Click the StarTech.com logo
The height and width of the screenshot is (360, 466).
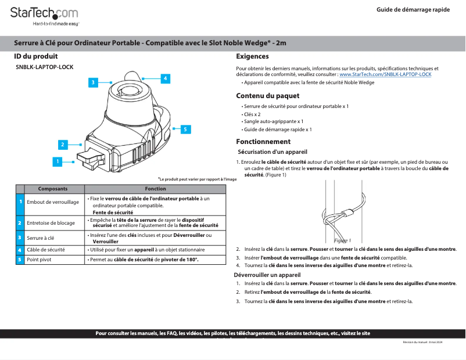(44, 14)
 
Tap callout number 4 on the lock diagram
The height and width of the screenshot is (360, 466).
(165, 78)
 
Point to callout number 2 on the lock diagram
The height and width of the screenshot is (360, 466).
(62, 144)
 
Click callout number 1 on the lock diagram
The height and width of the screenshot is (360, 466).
(57, 161)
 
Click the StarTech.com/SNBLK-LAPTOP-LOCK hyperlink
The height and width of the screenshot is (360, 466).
(385, 75)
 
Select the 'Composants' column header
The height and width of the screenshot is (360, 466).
(53, 189)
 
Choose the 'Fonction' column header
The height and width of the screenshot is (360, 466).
(156, 189)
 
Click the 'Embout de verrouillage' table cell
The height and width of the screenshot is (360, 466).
(53, 202)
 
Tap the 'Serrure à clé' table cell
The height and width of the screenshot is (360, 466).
(41, 237)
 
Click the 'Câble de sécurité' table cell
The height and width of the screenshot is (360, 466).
(46, 249)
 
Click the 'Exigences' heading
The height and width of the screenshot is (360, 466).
(252, 56)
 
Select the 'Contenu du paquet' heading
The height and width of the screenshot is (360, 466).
(267, 96)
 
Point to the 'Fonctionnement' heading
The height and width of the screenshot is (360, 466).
(263, 142)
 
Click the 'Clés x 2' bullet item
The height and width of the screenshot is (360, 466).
(251, 114)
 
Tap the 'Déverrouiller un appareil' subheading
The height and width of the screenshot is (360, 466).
(267, 274)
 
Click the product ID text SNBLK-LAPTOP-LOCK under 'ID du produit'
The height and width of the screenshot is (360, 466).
(44, 67)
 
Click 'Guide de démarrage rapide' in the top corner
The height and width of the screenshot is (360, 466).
(413, 10)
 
